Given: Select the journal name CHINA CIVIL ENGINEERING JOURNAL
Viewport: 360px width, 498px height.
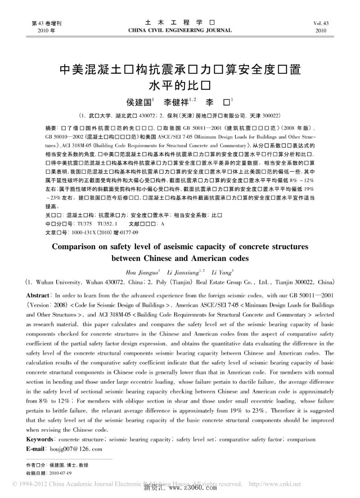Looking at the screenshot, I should pos(180,31).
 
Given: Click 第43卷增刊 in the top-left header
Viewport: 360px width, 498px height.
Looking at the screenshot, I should pos(46,23).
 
